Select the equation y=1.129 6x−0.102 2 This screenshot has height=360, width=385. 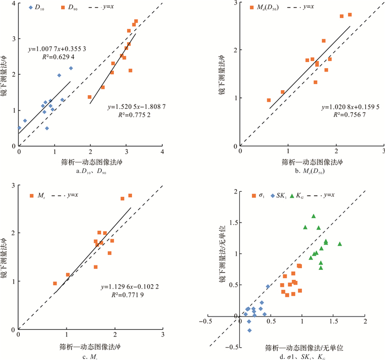point(130,286)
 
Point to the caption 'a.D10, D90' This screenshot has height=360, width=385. point(90,171)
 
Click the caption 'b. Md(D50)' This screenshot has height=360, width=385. point(311,171)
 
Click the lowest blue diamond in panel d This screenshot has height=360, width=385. point(249,330)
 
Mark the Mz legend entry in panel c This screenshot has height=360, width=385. point(40,196)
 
